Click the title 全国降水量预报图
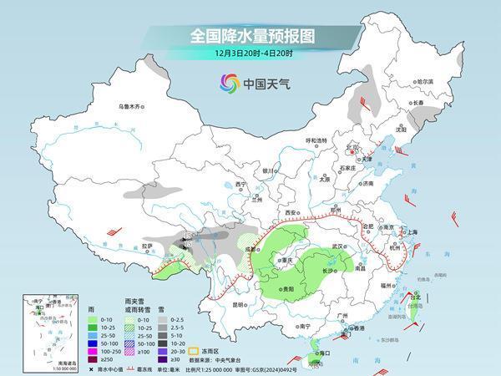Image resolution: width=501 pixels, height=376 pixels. pyautogui.click(x=250, y=36)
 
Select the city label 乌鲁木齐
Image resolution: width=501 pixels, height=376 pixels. pyautogui.click(x=132, y=106)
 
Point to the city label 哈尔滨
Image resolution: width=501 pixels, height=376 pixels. pyautogui.click(x=425, y=81)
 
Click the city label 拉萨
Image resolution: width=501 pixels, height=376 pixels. pyautogui.click(x=147, y=246)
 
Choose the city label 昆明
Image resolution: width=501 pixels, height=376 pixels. pyautogui.click(x=240, y=304)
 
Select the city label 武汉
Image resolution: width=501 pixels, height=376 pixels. pyautogui.click(x=337, y=246)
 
